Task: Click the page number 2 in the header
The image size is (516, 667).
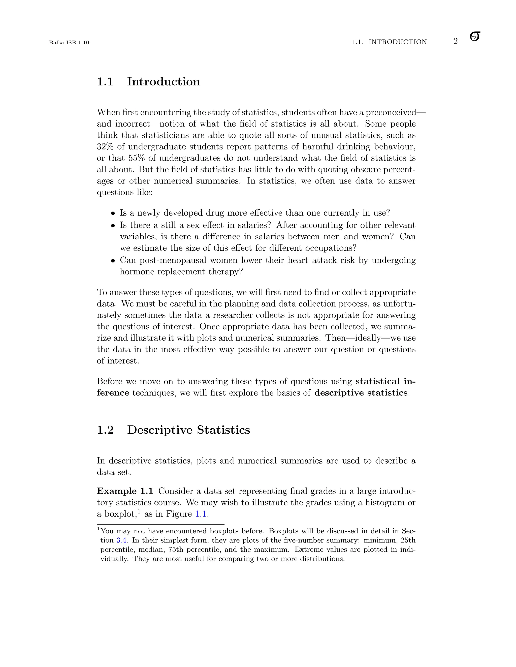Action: point(455,42)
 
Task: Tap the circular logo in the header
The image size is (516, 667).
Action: point(475,36)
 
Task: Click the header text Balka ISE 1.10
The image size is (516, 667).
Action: point(69,43)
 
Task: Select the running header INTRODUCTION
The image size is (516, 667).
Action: point(397,42)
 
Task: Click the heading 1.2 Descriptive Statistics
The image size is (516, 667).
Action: point(173,430)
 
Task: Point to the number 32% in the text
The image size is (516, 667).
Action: point(105,146)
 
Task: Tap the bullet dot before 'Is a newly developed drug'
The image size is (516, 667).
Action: point(113,213)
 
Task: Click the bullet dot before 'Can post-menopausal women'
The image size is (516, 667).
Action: point(113,261)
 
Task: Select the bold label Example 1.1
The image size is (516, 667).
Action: point(125,491)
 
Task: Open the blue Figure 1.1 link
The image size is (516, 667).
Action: point(201,514)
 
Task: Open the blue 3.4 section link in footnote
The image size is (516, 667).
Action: point(121,540)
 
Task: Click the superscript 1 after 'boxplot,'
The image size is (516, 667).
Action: point(139,511)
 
